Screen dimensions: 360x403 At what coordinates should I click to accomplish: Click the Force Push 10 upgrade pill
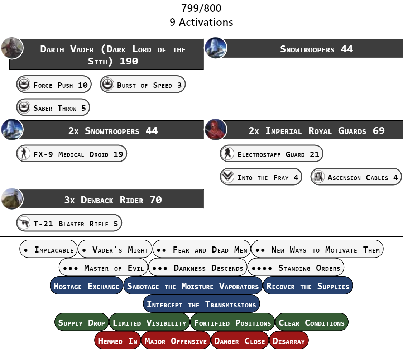54,85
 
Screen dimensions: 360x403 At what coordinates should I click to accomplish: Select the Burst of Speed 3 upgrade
143,85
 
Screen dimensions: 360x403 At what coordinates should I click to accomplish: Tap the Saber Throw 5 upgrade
53,108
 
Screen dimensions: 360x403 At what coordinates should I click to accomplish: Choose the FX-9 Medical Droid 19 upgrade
72,154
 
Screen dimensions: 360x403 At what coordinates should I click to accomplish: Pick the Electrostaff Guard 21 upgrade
272,154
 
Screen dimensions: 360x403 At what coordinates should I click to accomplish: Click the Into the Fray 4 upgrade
261,177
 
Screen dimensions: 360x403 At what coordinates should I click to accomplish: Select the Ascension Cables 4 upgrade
356,177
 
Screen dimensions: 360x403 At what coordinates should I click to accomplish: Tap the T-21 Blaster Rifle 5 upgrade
69,223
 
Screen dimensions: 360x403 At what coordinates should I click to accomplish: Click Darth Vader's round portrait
12,48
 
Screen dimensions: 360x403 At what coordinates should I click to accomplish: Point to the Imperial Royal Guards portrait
216,130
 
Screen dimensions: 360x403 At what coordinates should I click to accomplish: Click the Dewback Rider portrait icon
12,199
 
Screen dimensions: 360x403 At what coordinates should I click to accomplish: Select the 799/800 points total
201,8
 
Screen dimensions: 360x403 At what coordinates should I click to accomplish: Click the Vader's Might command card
115,249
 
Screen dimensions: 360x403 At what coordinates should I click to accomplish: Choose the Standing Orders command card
296,268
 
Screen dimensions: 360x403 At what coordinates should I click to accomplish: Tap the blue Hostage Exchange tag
86,286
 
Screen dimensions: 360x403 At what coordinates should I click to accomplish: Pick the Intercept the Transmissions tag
201,304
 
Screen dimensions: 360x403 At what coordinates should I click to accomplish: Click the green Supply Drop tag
82,322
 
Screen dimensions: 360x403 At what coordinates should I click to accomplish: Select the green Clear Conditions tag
312,322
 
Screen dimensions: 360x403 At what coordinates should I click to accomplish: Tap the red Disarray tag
289,341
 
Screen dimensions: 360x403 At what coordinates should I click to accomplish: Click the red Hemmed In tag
118,341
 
